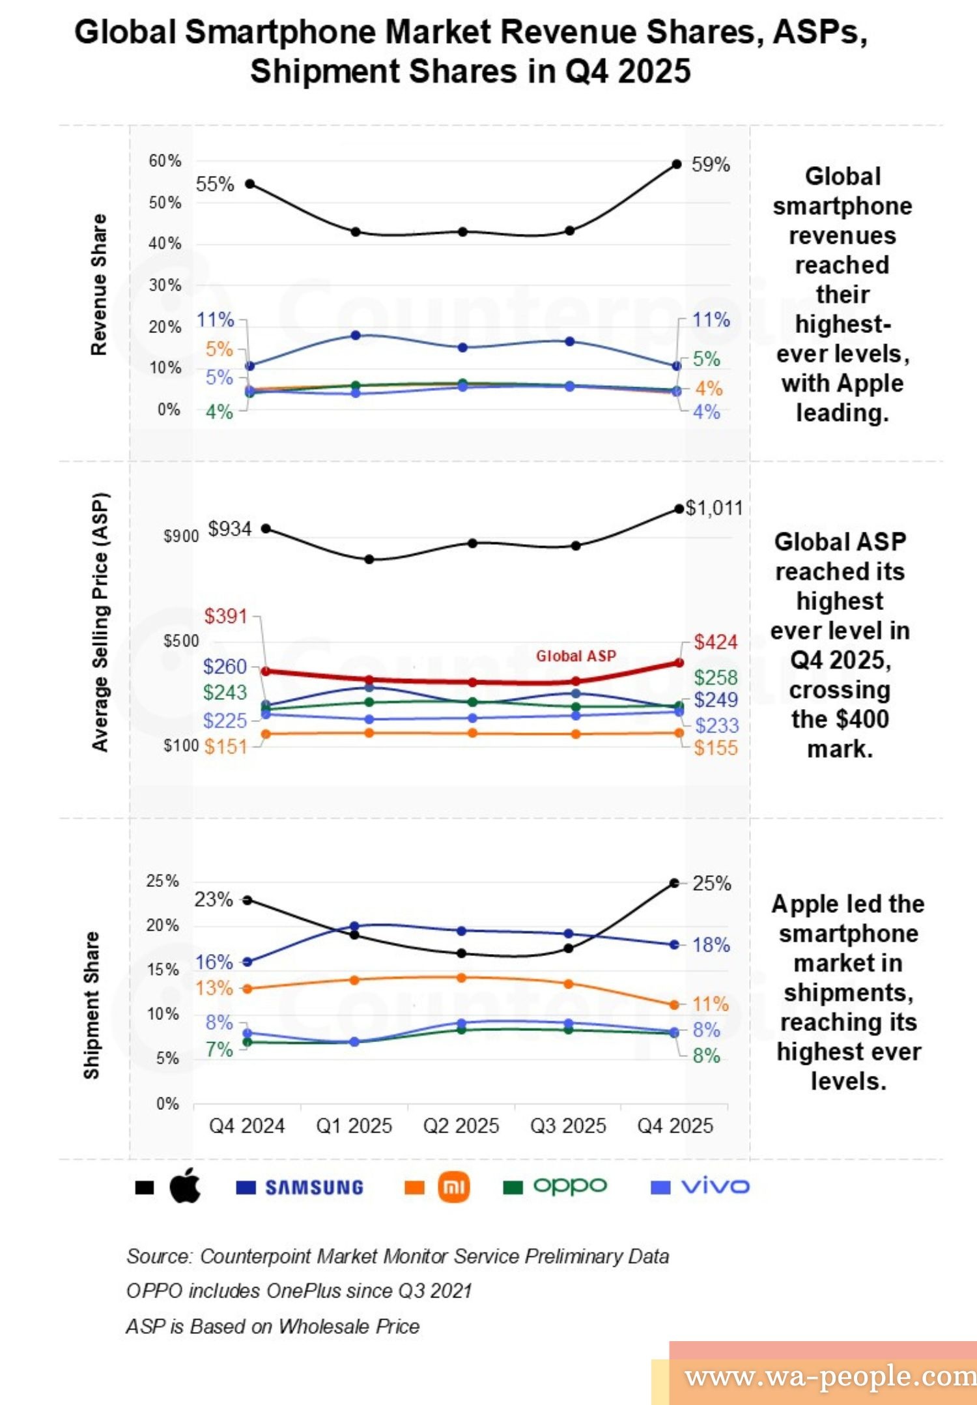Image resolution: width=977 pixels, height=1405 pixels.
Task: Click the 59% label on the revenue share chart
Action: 710,164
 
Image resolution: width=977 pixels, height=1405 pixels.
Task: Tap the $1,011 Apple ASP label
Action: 714,508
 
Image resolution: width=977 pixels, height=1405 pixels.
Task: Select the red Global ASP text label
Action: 576,656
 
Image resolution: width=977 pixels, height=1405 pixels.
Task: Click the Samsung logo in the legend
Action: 314,1187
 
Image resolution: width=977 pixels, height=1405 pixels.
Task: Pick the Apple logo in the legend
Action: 186,1185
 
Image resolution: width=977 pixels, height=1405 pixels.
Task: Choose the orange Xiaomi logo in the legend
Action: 454,1187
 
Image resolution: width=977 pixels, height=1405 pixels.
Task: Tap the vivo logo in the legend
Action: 715,1187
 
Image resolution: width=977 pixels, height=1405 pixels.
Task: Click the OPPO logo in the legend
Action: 570,1186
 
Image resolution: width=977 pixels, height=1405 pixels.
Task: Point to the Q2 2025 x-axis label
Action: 461,1125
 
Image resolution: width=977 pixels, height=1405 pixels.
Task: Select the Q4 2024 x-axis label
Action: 247,1125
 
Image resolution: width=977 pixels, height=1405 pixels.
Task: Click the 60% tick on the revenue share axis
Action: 165,161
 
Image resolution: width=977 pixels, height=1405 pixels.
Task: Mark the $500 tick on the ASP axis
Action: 181,641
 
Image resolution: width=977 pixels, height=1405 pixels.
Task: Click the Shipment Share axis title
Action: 92,1005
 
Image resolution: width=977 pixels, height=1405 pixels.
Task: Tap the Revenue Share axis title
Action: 98,284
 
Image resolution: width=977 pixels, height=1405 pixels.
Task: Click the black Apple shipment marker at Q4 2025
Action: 675,883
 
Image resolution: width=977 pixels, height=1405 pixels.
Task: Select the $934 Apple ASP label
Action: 229,529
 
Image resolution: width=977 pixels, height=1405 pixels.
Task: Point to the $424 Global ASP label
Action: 715,642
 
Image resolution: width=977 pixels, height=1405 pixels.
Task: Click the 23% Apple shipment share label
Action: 213,899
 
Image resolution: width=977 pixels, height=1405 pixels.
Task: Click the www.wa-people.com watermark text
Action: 830,1376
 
